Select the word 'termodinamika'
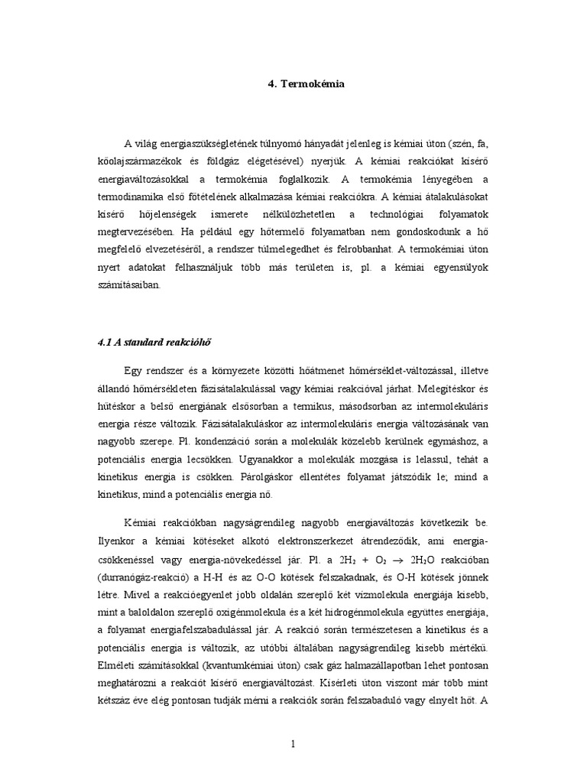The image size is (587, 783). point(131,197)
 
